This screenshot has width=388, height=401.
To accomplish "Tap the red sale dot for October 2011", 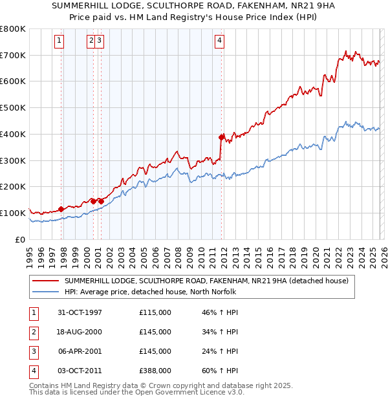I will [221, 137].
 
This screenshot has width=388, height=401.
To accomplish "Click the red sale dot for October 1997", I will [61, 209].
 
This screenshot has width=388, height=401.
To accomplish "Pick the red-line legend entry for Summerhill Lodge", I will [206, 281].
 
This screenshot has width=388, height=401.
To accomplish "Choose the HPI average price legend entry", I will [150, 292].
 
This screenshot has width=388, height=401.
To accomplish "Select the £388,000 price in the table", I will [155, 371].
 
